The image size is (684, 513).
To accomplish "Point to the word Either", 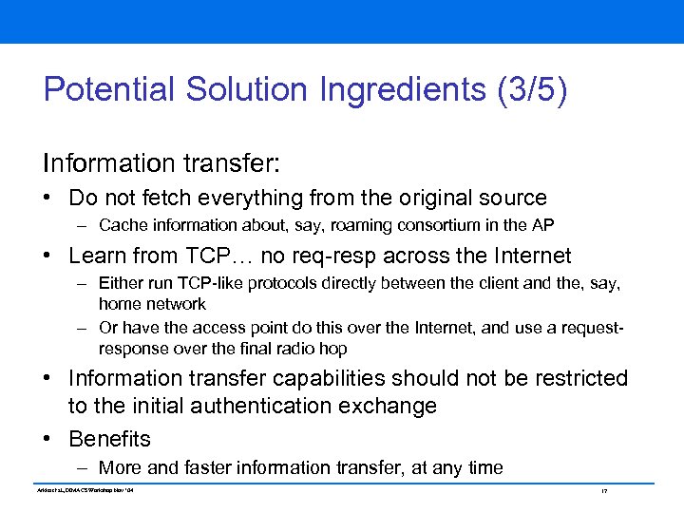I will tap(120, 283).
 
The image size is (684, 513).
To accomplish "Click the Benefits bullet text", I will tap(110, 439).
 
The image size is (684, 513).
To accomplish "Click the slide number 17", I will tap(604, 490).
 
